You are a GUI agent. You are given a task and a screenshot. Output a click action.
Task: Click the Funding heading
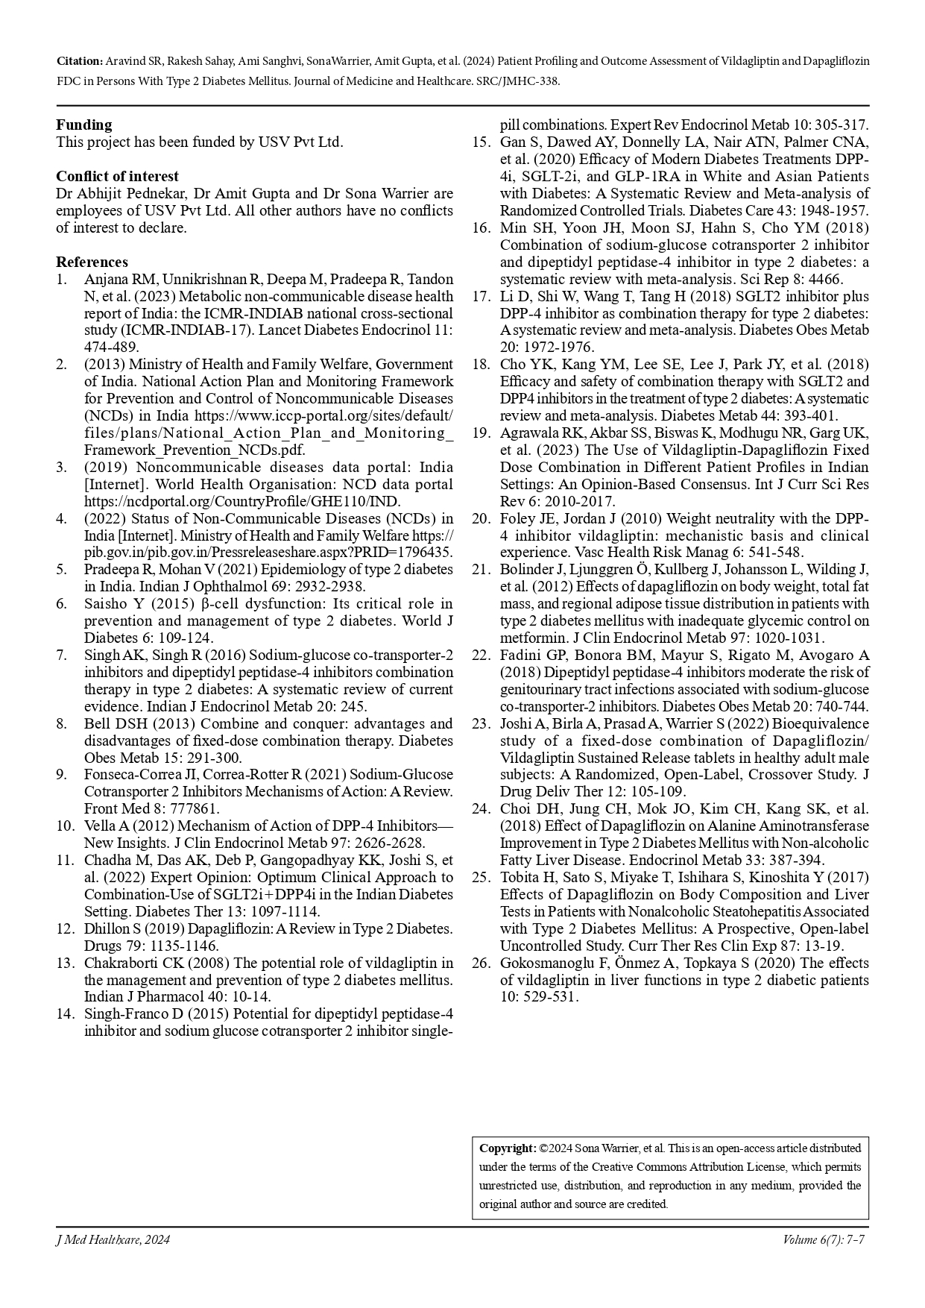click(84, 125)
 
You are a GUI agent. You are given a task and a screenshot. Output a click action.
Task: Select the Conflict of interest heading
click(117, 176)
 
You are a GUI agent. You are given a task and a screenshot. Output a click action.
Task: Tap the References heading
click(92, 262)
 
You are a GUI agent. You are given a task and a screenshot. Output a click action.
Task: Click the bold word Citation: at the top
click(80, 60)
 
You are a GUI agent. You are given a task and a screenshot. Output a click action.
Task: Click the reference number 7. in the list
click(62, 655)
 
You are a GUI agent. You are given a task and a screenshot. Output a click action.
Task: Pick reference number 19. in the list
click(480, 433)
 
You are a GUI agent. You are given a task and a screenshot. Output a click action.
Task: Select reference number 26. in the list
click(480, 963)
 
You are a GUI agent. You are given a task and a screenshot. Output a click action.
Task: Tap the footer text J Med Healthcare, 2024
click(113, 1240)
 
